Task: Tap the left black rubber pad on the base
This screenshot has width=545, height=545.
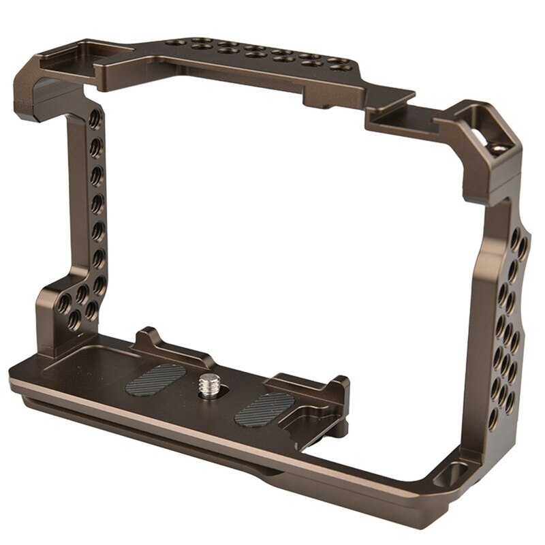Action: pyautogui.click(x=155, y=379)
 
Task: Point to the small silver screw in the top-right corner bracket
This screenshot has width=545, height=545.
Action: pyautogui.click(x=499, y=146)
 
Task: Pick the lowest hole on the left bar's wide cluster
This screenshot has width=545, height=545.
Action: pyautogui.click(x=89, y=315)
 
